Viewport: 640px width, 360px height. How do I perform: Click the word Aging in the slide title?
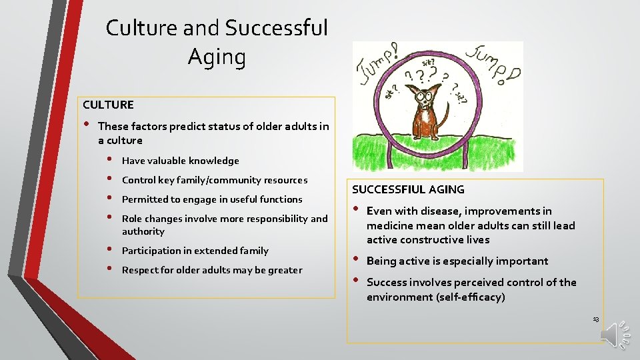[x=217, y=57]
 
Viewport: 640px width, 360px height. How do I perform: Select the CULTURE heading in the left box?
[x=108, y=105]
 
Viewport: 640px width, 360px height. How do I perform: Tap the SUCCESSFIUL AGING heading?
[x=408, y=189]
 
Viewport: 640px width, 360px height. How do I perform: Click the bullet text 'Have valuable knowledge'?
[x=180, y=161]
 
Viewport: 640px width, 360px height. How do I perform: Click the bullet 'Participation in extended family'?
[x=195, y=251]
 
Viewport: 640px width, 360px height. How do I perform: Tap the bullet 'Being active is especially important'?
[x=457, y=261]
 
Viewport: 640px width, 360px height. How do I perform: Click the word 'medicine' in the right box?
[x=390, y=225]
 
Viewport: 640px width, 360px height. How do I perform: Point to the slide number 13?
[x=595, y=320]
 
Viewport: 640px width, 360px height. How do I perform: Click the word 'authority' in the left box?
[x=143, y=231]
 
